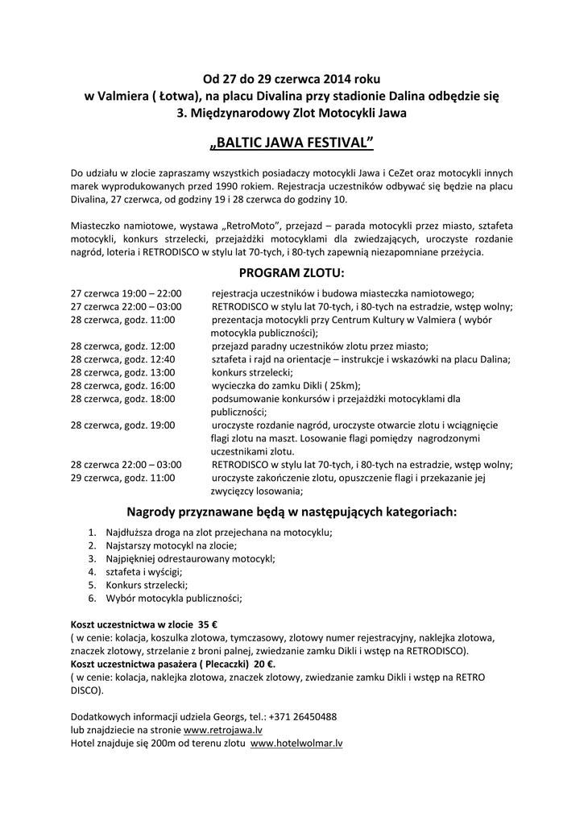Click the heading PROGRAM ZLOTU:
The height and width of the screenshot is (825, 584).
pyautogui.click(x=292, y=274)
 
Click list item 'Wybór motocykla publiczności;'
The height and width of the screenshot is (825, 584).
pyautogui.click(x=173, y=598)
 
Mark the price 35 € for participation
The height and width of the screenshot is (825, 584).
pyautogui.click(x=209, y=624)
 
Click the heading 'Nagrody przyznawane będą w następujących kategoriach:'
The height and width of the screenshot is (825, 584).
pyautogui.click(x=292, y=512)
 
